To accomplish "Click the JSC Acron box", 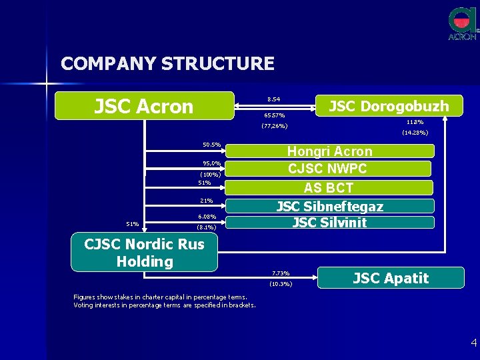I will [x=144, y=106].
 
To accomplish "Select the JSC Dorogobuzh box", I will [x=389, y=105].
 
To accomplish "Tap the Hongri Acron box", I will [x=329, y=151].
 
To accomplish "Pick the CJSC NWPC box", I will [x=329, y=169].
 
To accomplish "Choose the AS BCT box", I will [x=329, y=187].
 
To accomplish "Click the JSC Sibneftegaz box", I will [x=329, y=206].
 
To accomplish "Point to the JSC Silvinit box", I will [x=329, y=223].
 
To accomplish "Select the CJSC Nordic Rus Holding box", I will [x=144, y=253].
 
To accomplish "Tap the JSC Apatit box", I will [x=391, y=277].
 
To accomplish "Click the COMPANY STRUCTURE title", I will [x=167, y=63].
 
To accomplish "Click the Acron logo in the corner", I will [x=463, y=24].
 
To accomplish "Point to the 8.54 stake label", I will [x=273, y=99].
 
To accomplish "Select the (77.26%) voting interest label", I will [x=274, y=126].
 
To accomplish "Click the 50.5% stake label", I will [x=211, y=145].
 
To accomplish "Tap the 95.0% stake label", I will [x=211, y=163].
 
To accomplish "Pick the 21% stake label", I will [x=207, y=201].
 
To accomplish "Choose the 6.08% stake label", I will [x=207, y=217].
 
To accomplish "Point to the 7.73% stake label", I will [x=281, y=273].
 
